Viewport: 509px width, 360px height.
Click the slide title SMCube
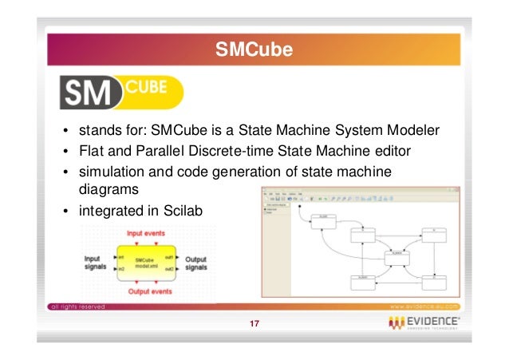coord(254,52)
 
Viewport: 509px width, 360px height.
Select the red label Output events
coord(143,292)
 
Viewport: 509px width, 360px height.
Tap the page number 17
coord(254,323)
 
